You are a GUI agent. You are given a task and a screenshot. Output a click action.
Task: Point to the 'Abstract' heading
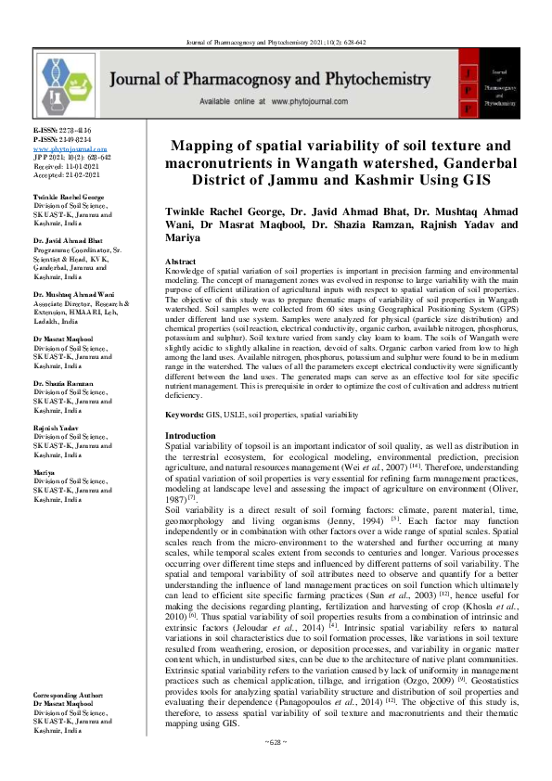point(180,262)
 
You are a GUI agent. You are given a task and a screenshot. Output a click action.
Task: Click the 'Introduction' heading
point(189,435)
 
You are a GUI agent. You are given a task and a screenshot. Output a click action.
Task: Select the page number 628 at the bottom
point(276,768)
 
